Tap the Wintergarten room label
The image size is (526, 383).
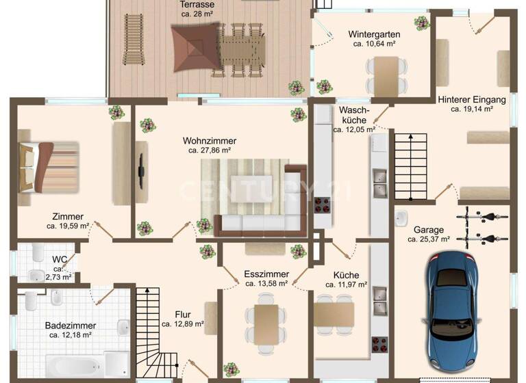[374, 34]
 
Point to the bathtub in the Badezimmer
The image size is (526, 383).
[75, 365]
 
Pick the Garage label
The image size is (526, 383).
[429, 230]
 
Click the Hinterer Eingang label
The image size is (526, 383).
[472, 99]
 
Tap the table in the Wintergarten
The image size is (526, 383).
[387, 74]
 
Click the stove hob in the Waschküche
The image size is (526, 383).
[322, 204]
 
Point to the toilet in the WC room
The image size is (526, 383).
[36, 275]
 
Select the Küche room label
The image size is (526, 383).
[345, 275]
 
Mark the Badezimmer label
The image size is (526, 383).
[71, 326]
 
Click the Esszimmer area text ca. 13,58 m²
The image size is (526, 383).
[266, 284]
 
